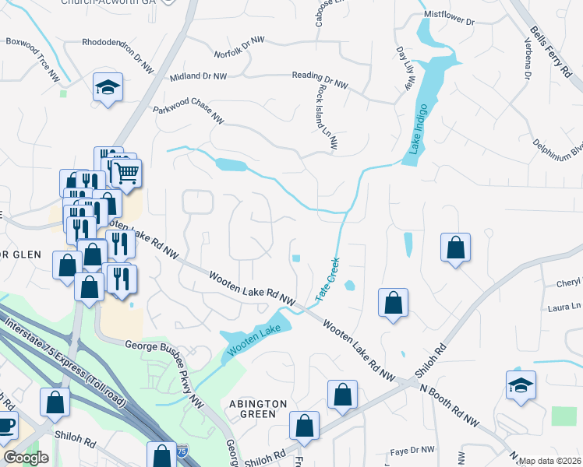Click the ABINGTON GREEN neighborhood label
click(x=258, y=409)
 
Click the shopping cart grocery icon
click(x=126, y=172)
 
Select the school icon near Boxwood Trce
click(x=108, y=88)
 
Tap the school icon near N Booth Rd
click(x=521, y=385)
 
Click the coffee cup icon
click(x=5, y=427)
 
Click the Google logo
click(x=25, y=458)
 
